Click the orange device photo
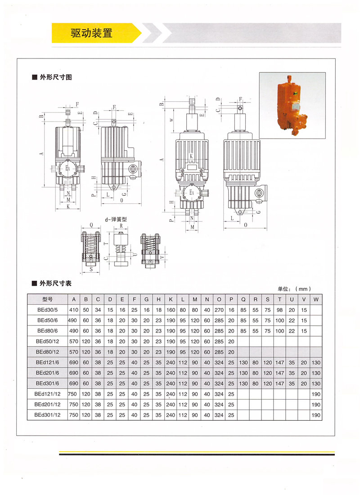tap(292, 105)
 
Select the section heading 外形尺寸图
tap(55, 77)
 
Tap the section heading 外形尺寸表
tap(55, 283)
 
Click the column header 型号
tap(47, 299)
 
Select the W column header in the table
tap(316, 299)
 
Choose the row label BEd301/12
tap(47, 415)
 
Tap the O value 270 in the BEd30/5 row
tap(219, 310)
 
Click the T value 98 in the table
tap(280, 310)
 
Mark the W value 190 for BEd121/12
tap(316, 394)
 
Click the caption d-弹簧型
tap(116, 219)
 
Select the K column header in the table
tap(171, 299)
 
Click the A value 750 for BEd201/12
tap(73, 405)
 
